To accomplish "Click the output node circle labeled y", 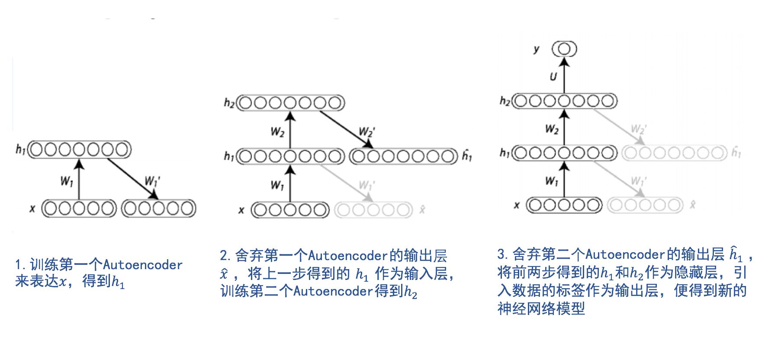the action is (x=564, y=49).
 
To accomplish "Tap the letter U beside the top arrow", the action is (x=553, y=77).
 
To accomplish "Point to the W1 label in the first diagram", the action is (x=67, y=181).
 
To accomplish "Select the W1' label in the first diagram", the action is (x=151, y=180).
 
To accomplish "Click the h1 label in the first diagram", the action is (x=20, y=150).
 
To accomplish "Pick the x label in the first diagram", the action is (x=32, y=209).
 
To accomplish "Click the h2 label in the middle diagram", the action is (x=229, y=103).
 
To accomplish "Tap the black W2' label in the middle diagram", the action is (x=366, y=131).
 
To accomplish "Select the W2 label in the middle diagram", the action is (x=277, y=131).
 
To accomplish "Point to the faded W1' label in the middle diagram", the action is (x=366, y=185).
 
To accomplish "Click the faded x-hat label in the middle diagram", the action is (x=422, y=210).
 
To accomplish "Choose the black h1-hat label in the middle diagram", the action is (x=467, y=155).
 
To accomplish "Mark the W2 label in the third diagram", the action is (x=552, y=129).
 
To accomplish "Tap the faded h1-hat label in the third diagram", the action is (x=736, y=152).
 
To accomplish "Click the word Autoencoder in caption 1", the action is (x=143, y=265).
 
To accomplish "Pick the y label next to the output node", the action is (x=537, y=49).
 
